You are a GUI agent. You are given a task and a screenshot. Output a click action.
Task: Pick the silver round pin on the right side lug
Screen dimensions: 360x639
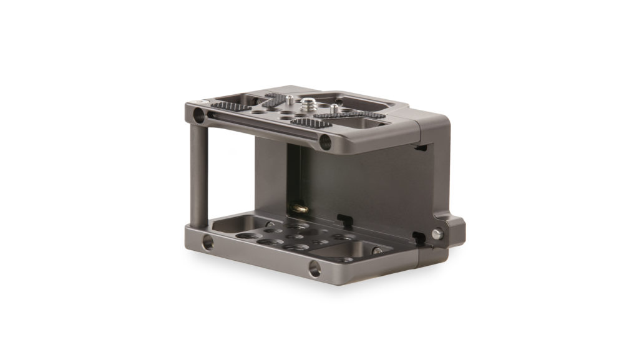(438, 233)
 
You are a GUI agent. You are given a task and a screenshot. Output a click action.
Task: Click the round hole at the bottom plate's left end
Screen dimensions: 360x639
(207, 243)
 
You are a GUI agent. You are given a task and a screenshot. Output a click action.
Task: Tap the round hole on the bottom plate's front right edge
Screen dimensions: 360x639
(315, 269)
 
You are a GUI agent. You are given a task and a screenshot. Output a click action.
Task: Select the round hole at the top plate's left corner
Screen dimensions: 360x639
(198, 115)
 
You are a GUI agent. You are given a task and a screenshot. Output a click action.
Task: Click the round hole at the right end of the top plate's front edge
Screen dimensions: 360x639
(325, 142)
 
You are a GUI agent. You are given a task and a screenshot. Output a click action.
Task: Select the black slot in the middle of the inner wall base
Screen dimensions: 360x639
(343, 218)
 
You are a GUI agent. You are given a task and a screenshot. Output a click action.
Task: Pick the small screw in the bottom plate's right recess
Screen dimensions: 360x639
(377, 251)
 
